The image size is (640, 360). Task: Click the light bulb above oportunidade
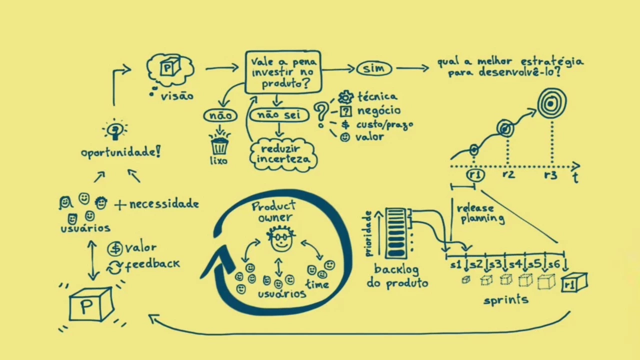[x=115, y=130]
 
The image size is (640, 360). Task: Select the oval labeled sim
[x=374, y=68]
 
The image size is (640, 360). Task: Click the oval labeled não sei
[x=279, y=115]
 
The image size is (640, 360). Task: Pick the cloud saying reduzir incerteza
[x=283, y=154]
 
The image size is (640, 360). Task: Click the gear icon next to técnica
[x=345, y=97]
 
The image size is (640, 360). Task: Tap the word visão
[x=177, y=95]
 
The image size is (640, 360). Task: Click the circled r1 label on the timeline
[x=475, y=175]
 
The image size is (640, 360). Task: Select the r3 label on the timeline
[x=550, y=175]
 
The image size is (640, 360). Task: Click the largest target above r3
[x=551, y=104]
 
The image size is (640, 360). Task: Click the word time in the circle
[x=317, y=284]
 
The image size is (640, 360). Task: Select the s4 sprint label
[x=514, y=264]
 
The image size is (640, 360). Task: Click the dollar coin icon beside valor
[x=115, y=248]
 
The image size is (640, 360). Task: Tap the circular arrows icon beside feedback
[x=114, y=267]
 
